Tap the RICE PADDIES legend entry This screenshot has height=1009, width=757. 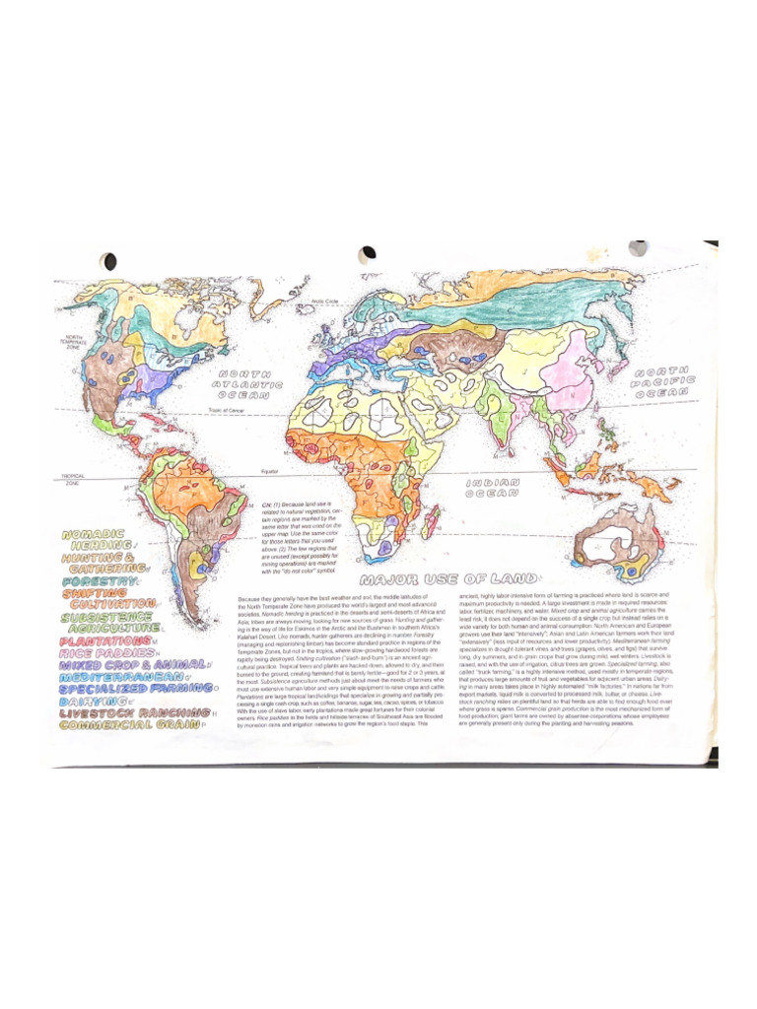(x=105, y=652)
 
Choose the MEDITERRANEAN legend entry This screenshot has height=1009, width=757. (x=119, y=678)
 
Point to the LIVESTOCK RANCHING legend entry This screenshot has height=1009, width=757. (x=128, y=712)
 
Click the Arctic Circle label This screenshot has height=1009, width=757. (x=324, y=302)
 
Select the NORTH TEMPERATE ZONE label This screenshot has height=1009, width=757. (x=77, y=343)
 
